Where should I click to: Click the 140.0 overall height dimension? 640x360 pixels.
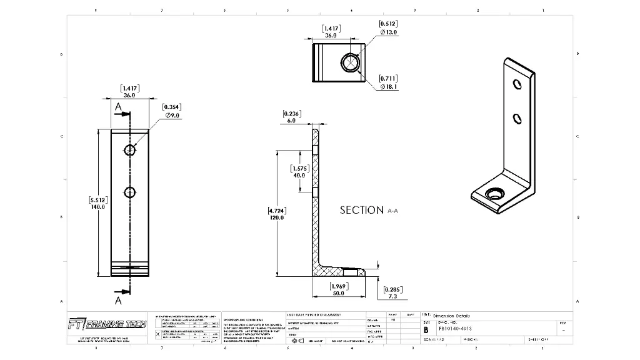(x=98, y=206)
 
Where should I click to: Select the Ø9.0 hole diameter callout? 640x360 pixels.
(x=172, y=115)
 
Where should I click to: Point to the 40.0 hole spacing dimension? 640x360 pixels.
(x=299, y=175)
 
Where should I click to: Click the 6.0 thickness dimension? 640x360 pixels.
(x=291, y=121)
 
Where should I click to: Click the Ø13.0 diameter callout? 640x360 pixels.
(x=389, y=32)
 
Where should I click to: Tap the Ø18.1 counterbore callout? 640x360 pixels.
(x=389, y=87)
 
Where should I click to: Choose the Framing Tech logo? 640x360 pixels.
(x=107, y=324)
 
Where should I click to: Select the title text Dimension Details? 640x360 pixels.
(x=451, y=316)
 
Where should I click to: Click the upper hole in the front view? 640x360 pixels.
(x=129, y=150)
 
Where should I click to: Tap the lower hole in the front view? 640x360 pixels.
(x=129, y=192)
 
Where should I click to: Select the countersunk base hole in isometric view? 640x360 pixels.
(x=496, y=194)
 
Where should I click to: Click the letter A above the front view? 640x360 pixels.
(x=117, y=107)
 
